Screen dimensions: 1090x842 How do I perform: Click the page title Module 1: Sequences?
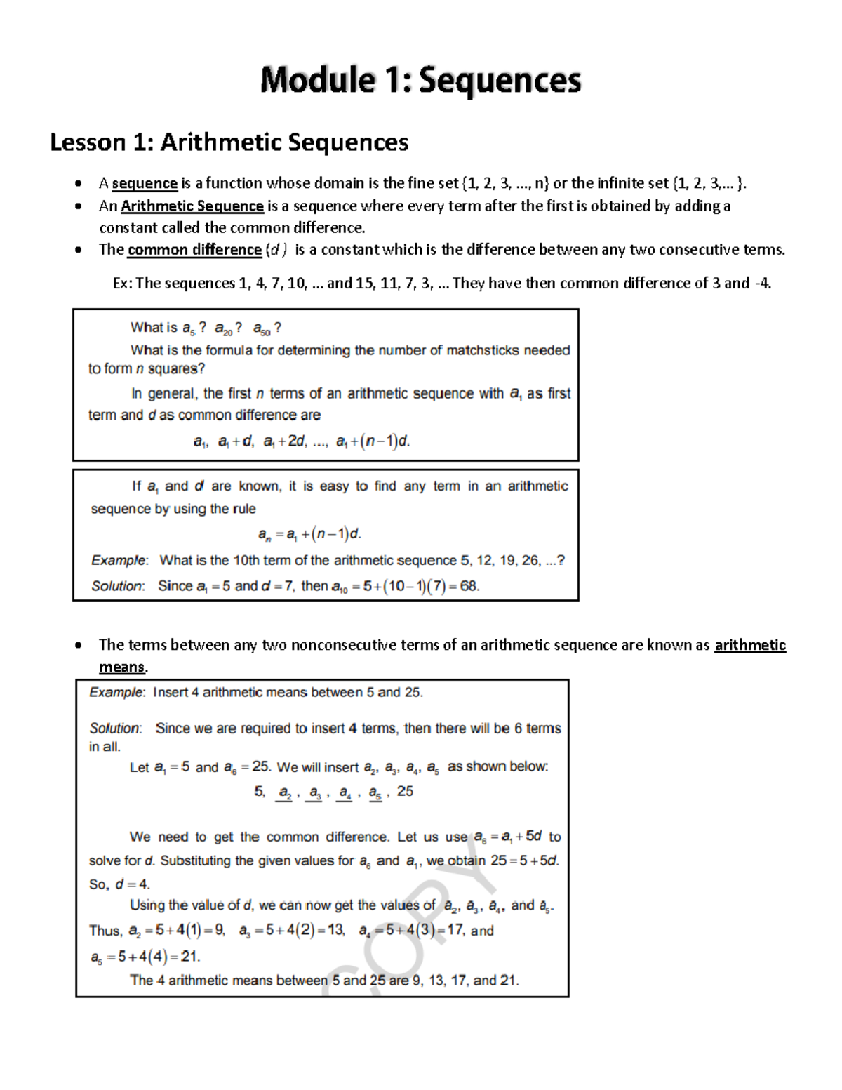[x=420, y=80]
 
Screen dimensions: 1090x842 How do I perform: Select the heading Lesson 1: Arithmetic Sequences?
[x=229, y=142]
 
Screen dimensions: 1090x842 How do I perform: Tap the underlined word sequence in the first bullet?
[x=145, y=184]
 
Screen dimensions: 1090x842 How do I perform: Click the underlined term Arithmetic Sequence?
[x=192, y=206]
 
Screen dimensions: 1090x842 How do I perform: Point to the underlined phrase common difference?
[x=194, y=250]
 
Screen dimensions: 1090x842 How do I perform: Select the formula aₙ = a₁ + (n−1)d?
[x=309, y=535]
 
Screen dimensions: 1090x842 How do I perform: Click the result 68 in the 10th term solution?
[x=469, y=586]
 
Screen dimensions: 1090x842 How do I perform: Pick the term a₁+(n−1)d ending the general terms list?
[x=373, y=442]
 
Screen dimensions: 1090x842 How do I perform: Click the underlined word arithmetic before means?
[x=749, y=645]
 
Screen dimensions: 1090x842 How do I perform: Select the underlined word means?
[x=122, y=667]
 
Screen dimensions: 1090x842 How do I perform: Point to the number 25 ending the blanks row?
[x=405, y=792]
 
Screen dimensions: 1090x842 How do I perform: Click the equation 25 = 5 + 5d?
[x=525, y=860]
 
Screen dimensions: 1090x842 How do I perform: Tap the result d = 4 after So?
[x=133, y=884]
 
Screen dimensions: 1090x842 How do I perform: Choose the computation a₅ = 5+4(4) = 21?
[x=146, y=957]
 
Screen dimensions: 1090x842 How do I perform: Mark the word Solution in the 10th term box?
[x=117, y=586]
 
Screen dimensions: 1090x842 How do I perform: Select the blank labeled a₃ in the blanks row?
[x=314, y=793]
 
